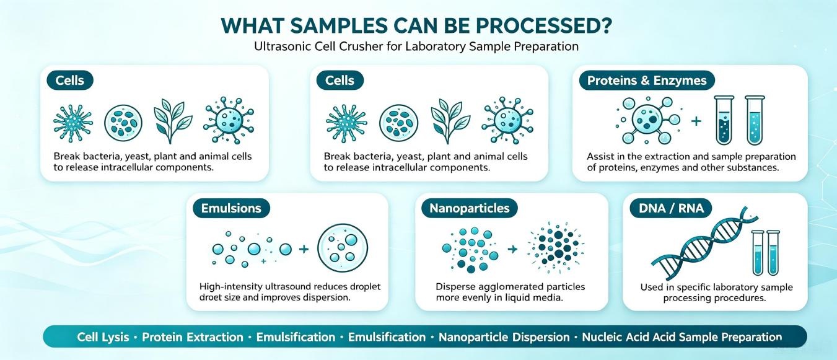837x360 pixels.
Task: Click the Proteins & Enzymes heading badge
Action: click(647, 81)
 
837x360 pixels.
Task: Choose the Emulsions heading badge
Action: click(231, 208)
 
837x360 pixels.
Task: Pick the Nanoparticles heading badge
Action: click(470, 208)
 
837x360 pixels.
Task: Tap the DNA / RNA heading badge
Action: click(671, 208)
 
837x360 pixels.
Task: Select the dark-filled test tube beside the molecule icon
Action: click(724, 120)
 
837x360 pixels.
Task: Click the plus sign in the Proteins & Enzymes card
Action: click(696, 121)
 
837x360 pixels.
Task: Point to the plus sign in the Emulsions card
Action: click(304, 248)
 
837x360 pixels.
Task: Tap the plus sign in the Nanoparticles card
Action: click(512, 248)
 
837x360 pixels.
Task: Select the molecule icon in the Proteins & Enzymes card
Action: click(648, 120)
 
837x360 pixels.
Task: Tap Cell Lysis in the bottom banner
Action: click(103, 337)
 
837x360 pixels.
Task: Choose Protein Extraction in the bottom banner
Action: click(193, 337)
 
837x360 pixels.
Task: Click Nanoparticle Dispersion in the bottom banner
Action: click(504, 337)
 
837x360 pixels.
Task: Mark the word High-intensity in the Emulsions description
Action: click(230, 287)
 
